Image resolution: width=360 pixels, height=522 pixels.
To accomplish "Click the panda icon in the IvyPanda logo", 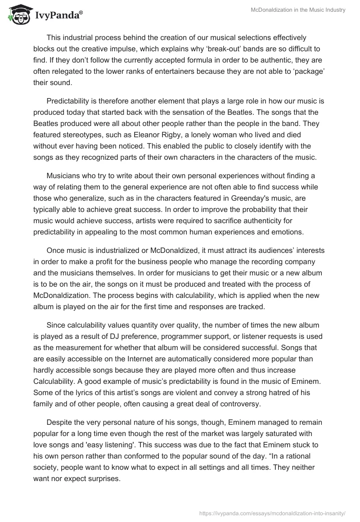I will click(x=18, y=15).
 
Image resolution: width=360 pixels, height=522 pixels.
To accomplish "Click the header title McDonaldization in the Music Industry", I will click(x=298, y=10).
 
